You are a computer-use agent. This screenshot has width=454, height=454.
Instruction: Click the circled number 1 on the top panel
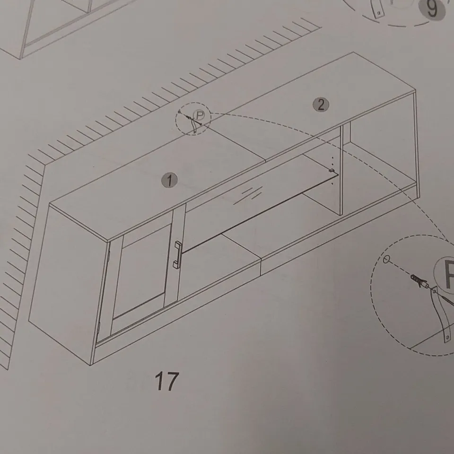(x=169, y=180)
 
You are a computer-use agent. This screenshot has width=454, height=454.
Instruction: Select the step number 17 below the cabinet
(x=167, y=382)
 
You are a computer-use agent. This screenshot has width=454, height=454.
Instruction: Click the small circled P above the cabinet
(x=201, y=115)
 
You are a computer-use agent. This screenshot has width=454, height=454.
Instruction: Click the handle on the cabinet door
(x=178, y=256)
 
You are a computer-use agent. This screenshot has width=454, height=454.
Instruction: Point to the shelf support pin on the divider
(x=332, y=169)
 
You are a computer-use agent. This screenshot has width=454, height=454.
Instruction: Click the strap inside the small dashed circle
(x=194, y=125)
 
